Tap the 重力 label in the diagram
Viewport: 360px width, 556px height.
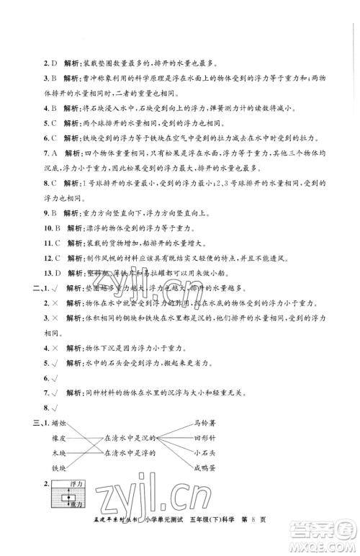[74, 505]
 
